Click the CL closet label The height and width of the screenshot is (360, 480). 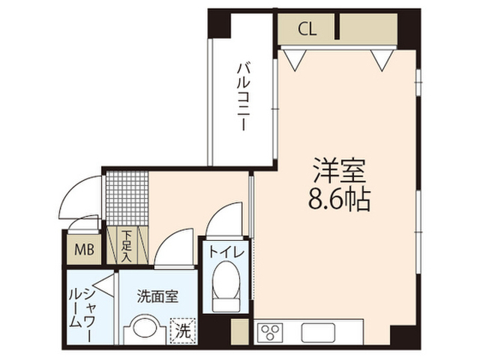coord(307,30)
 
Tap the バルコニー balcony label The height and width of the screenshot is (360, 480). coord(242,97)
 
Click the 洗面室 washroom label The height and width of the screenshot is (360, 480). coord(157,296)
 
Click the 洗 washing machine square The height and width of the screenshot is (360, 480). coord(183,328)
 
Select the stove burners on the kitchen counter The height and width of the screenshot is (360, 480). coord(270,331)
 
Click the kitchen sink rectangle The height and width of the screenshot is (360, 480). coord(330,331)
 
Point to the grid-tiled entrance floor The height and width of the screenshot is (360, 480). coord(125,198)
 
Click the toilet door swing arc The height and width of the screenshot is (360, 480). coord(222,217)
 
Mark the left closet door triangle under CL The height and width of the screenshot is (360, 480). coord(295,56)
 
